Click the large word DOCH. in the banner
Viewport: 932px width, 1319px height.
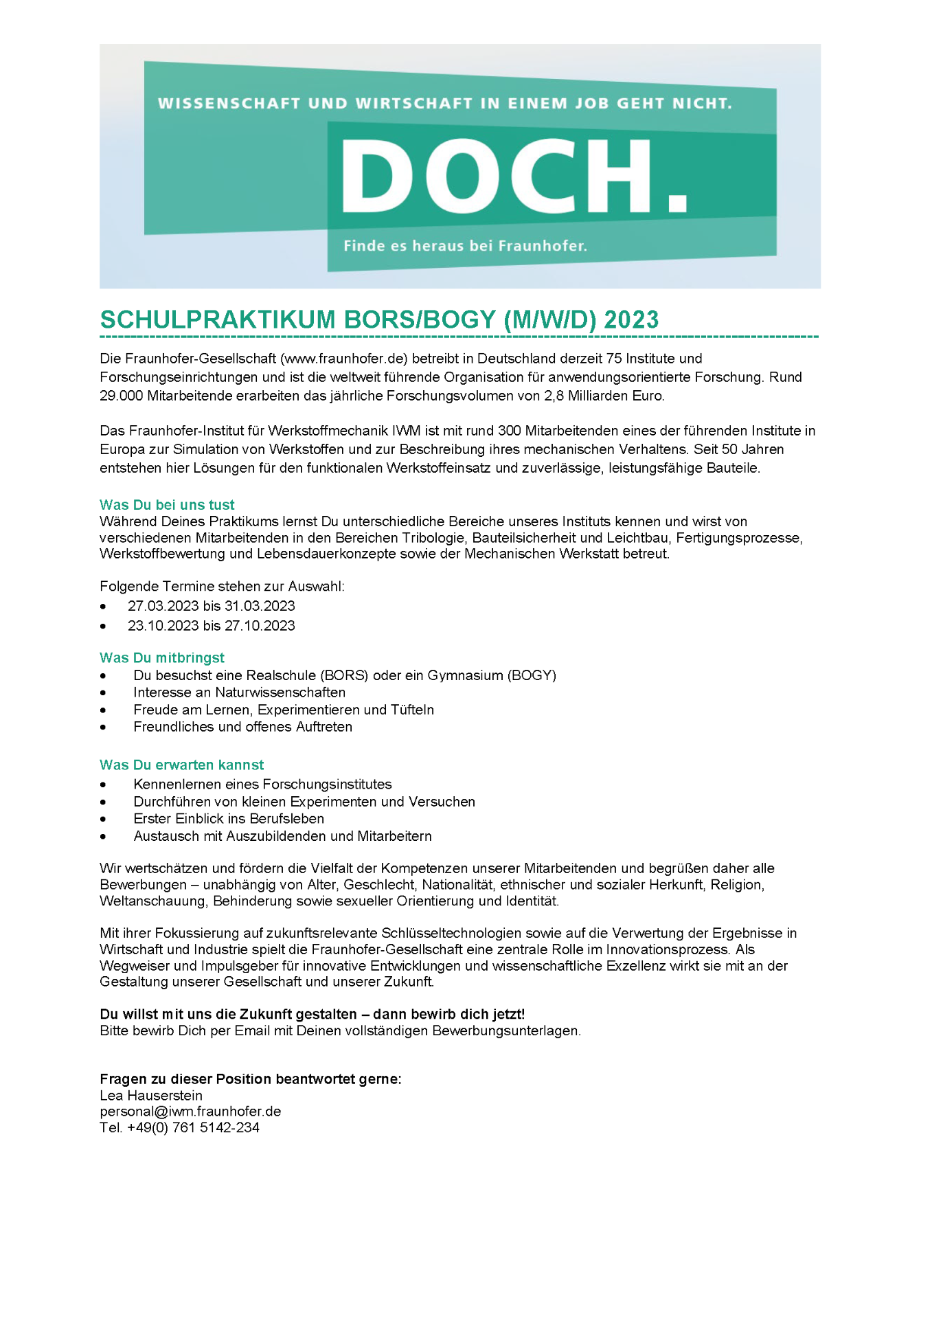pyautogui.click(x=513, y=177)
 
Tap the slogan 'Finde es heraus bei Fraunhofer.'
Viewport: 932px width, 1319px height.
pyautogui.click(x=465, y=246)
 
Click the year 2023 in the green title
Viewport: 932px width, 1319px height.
pyautogui.click(x=631, y=320)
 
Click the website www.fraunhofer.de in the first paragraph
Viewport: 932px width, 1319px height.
pyautogui.click(x=343, y=359)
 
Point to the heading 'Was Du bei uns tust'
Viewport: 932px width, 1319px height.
pyautogui.click(x=167, y=505)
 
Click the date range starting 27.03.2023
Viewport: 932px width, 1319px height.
pyautogui.click(x=211, y=606)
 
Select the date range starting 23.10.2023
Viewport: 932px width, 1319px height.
pyautogui.click(x=211, y=626)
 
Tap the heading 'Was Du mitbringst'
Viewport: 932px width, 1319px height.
pyautogui.click(x=162, y=658)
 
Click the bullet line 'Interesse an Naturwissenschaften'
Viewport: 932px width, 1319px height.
pyautogui.click(x=239, y=692)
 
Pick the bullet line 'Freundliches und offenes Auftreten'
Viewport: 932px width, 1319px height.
pyautogui.click(x=242, y=727)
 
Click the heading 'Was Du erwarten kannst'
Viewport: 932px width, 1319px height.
pyautogui.click(x=181, y=765)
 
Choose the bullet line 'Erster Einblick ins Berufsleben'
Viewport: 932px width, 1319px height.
pyautogui.click(x=229, y=819)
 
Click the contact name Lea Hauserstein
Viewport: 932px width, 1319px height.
pyautogui.click(x=151, y=1096)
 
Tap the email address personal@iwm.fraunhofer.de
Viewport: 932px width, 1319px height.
pyautogui.click(x=190, y=1112)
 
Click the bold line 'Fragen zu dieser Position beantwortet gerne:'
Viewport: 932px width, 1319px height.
pyautogui.click(x=251, y=1079)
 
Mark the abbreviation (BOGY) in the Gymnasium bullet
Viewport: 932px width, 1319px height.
pyautogui.click(x=532, y=675)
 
